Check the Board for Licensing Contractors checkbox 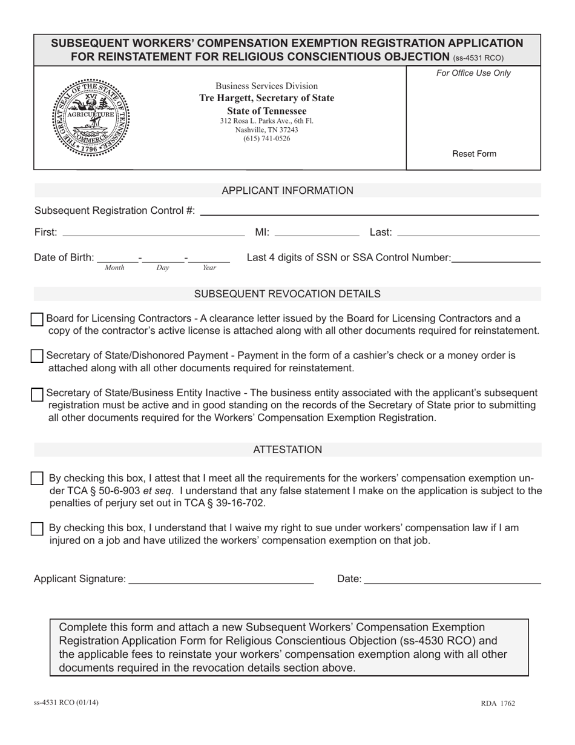pyautogui.click(x=37, y=319)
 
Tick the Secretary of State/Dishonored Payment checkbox pyautogui.click(x=37, y=356)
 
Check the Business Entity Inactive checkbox pyautogui.click(x=37, y=394)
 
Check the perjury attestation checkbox pyautogui.click(x=37, y=478)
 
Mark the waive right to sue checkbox pyautogui.click(x=37, y=528)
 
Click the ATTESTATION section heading pyautogui.click(x=287, y=449)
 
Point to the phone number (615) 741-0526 pyautogui.click(x=266, y=139)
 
